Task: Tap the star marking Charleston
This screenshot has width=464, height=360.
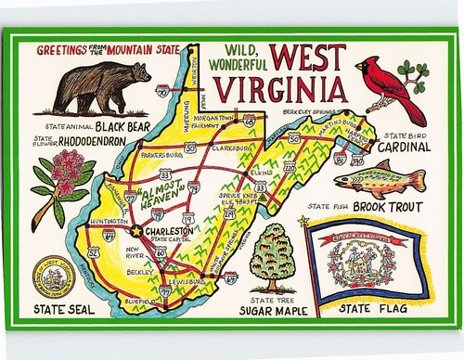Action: coord(136,229)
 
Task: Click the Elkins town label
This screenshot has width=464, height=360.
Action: coord(263,172)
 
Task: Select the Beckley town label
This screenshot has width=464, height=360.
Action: coord(140,273)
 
